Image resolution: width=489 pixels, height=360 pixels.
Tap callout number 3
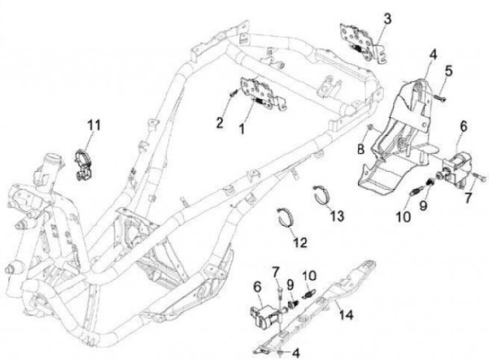[386, 18]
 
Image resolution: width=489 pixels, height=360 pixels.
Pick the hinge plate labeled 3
[358, 41]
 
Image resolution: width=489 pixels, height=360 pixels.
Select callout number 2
[219, 122]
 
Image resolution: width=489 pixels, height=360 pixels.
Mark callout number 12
[300, 242]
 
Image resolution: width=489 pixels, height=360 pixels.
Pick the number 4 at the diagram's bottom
[296, 352]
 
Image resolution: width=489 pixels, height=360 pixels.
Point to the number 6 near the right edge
[463, 126]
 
